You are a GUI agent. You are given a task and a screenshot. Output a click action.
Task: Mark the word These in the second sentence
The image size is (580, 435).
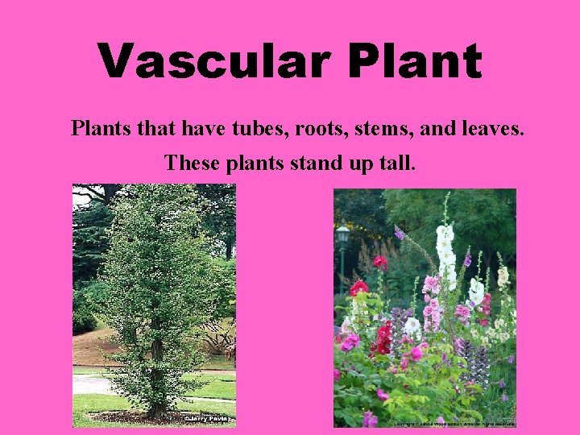click(188, 164)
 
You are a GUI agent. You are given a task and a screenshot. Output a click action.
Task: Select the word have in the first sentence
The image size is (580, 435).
click(205, 127)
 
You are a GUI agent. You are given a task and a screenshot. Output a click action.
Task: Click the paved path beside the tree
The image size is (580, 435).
click(90, 384)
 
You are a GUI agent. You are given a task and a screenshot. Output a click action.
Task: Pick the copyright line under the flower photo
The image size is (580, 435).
click(454, 423)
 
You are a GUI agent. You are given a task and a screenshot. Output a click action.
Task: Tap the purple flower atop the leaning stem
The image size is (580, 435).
click(400, 234)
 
